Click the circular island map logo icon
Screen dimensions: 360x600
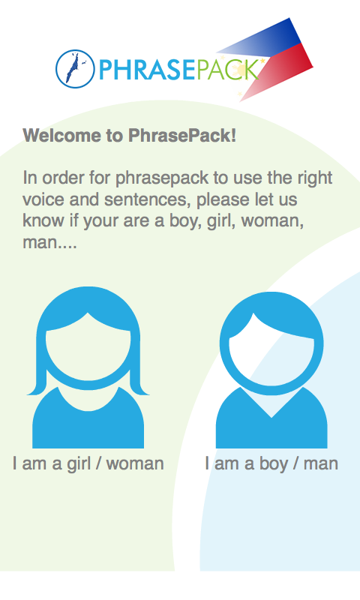click(75, 69)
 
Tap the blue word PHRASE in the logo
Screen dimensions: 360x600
click(147, 70)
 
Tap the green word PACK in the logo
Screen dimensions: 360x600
click(228, 70)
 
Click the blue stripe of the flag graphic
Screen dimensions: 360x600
click(268, 38)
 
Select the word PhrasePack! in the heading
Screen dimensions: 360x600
click(182, 136)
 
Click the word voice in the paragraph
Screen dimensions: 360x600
click(43, 199)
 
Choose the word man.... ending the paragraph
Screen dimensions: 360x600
click(49, 242)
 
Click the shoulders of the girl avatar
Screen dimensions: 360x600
click(88, 424)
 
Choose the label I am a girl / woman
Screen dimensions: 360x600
click(88, 463)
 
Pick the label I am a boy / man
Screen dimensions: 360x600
click(271, 463)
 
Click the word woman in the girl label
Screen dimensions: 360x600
click(135, 463)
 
